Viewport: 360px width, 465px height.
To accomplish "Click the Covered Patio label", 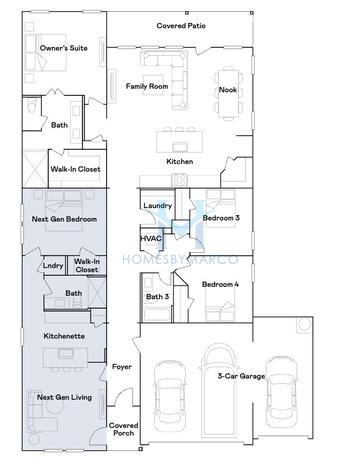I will click(182, 25).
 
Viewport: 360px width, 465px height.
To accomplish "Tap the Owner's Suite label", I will click(62, 47).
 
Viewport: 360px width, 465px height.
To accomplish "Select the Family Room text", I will click(147, 87).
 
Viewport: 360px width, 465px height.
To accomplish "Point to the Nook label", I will click(227, 91).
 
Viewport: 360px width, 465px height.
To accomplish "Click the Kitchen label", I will click(179, 161).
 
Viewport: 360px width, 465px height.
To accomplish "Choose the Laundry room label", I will click(158, 205).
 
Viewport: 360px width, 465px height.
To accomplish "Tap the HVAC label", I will click(152, 239).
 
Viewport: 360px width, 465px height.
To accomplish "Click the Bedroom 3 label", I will click(220, 217).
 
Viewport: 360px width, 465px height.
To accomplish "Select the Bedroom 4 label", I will click(220, 285).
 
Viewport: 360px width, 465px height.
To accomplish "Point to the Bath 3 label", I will click(157, 297).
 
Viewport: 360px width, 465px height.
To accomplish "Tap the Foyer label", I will click(122, 367).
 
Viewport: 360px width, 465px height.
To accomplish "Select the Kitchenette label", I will click(62, 337).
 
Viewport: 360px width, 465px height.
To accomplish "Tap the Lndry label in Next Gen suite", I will click(52, 265).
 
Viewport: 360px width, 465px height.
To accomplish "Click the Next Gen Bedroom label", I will click(63, 218).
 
